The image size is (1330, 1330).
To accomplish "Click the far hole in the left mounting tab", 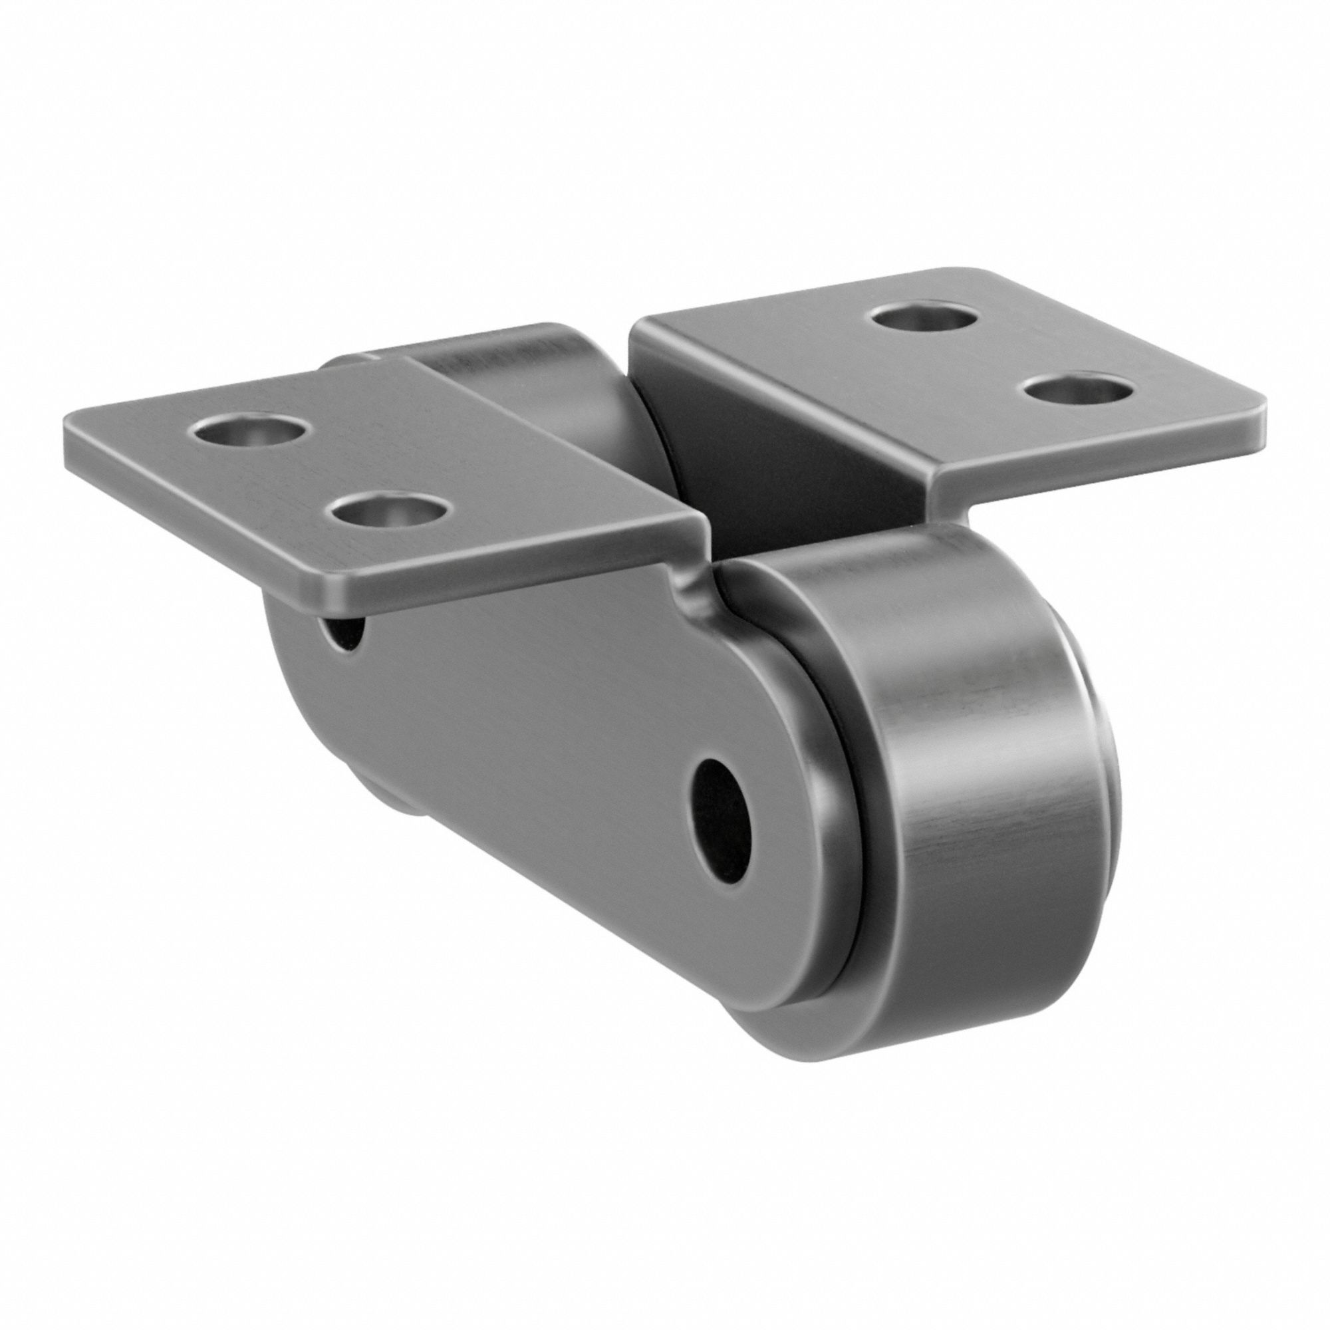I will point(249,432).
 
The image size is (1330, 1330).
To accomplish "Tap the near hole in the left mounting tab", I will point(389,511).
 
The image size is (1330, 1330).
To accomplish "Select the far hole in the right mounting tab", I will point(924,317).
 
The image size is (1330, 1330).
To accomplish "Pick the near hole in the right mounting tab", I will point(1078,390).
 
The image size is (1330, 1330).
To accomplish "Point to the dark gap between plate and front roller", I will point(850,861).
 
